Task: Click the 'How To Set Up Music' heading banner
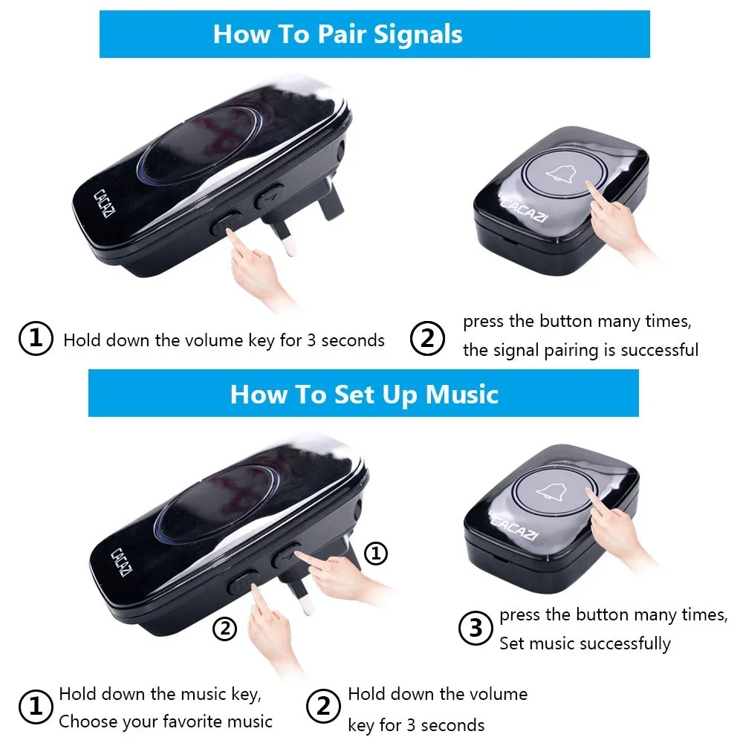(x=363, y=393)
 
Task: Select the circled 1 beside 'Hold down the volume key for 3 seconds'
(x=35, y=339)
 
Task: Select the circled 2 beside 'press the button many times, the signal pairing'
(x=427, y=339)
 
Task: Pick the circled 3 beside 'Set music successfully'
(x=476, y=629)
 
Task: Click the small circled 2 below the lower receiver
(x=224, y=629)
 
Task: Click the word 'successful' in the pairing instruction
(x=660, y=350)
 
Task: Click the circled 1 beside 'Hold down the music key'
(x=35, y=707)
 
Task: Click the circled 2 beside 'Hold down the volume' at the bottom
(x=323, y=707)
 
